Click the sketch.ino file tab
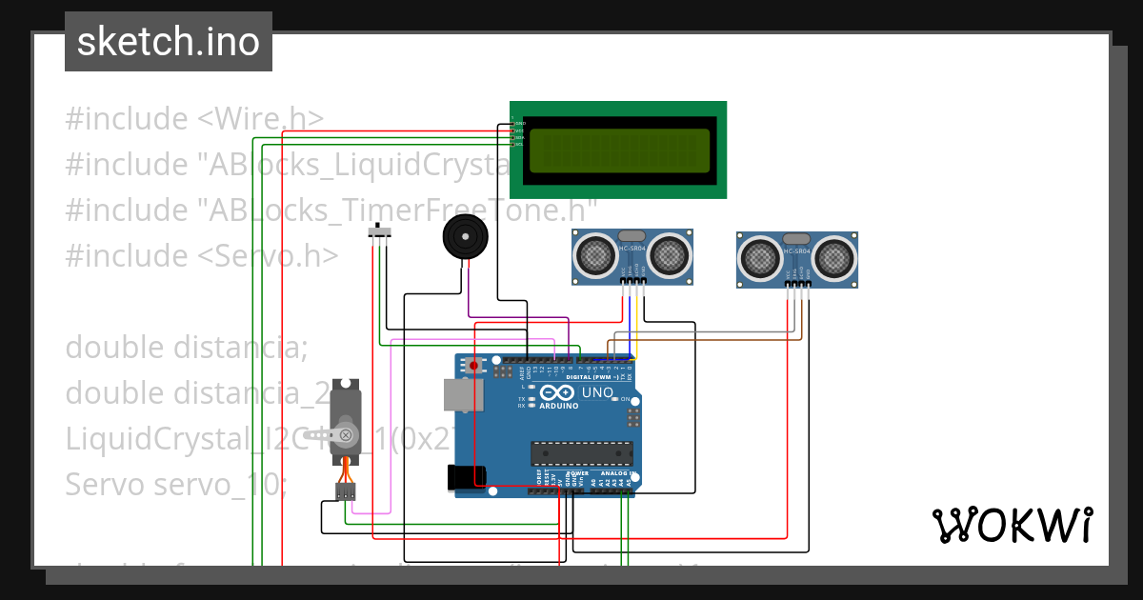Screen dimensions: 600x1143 tap(169, 42)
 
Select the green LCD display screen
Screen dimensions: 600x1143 tap(618, 151)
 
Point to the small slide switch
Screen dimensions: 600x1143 tap(381, 231)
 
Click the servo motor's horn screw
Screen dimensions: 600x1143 tap(347, 436)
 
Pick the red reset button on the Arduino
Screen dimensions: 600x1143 tap(474, 364)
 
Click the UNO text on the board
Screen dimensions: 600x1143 tap(597, 392)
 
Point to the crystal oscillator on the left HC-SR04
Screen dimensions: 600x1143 tap(632, 235)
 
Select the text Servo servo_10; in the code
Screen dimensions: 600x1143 tap(175, 485)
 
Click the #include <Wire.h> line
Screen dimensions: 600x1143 tap(194, 119)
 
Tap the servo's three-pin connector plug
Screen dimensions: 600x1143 tap(345, 491)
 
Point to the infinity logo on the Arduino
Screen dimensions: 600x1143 tap(556, 392)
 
